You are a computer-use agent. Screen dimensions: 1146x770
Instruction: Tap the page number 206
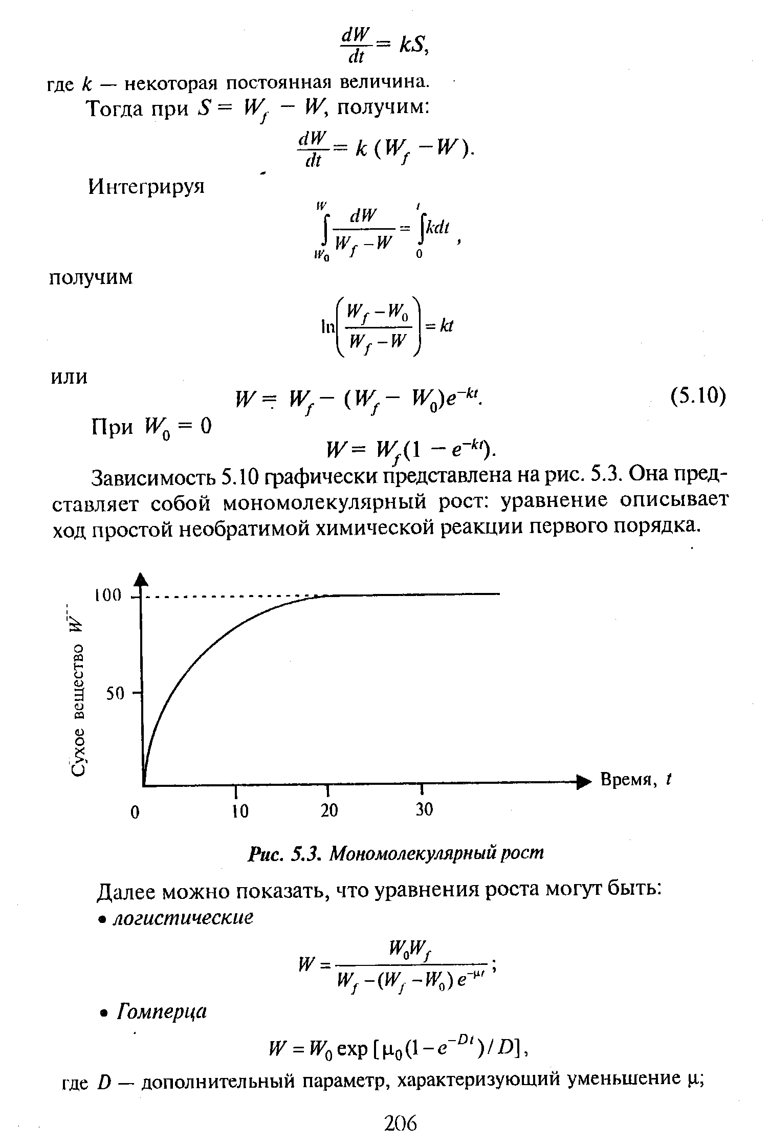click(401, 1123)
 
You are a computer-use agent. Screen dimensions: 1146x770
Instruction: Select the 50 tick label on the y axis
click(115, 694)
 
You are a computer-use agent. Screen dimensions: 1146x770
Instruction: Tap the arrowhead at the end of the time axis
click(583, 782)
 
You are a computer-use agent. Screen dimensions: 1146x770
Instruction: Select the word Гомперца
click(162, 1011)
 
